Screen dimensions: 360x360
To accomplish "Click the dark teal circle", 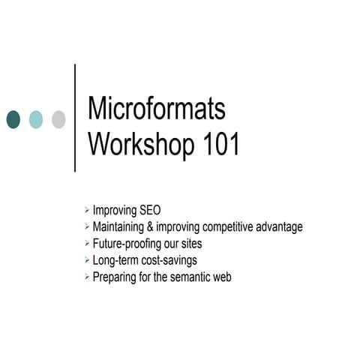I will click(x=13, y=119).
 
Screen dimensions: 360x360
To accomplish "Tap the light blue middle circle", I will click(x=36, y=119).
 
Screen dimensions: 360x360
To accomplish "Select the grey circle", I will click(x=58, y=119).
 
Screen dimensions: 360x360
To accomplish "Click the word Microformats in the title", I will click(x=157, y=109).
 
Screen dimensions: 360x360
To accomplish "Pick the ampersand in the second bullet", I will click(x=159, y=226).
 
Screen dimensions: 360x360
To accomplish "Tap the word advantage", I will click(x=279, y=226).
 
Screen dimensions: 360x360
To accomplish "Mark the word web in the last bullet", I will click(x=222, y=277).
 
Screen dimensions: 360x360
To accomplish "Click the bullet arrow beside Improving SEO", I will click(x=87, y=210).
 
